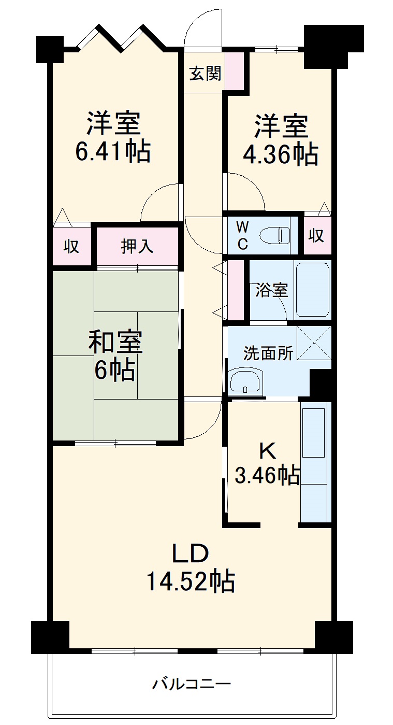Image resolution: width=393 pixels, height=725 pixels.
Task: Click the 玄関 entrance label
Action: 205,74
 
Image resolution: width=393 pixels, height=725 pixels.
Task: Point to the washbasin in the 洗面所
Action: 245,382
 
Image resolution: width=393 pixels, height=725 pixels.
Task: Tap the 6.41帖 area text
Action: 113,151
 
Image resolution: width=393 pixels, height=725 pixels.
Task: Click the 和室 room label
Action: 115,342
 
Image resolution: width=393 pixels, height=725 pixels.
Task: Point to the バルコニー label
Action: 191,684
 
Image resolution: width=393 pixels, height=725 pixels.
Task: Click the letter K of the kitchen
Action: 268,451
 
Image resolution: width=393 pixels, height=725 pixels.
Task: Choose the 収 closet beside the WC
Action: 316,236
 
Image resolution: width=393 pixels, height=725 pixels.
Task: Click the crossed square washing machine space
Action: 314,343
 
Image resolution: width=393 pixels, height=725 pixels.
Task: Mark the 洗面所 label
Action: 268,354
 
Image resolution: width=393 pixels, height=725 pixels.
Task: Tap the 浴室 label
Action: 271,290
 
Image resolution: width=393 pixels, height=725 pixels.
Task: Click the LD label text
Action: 191,553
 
